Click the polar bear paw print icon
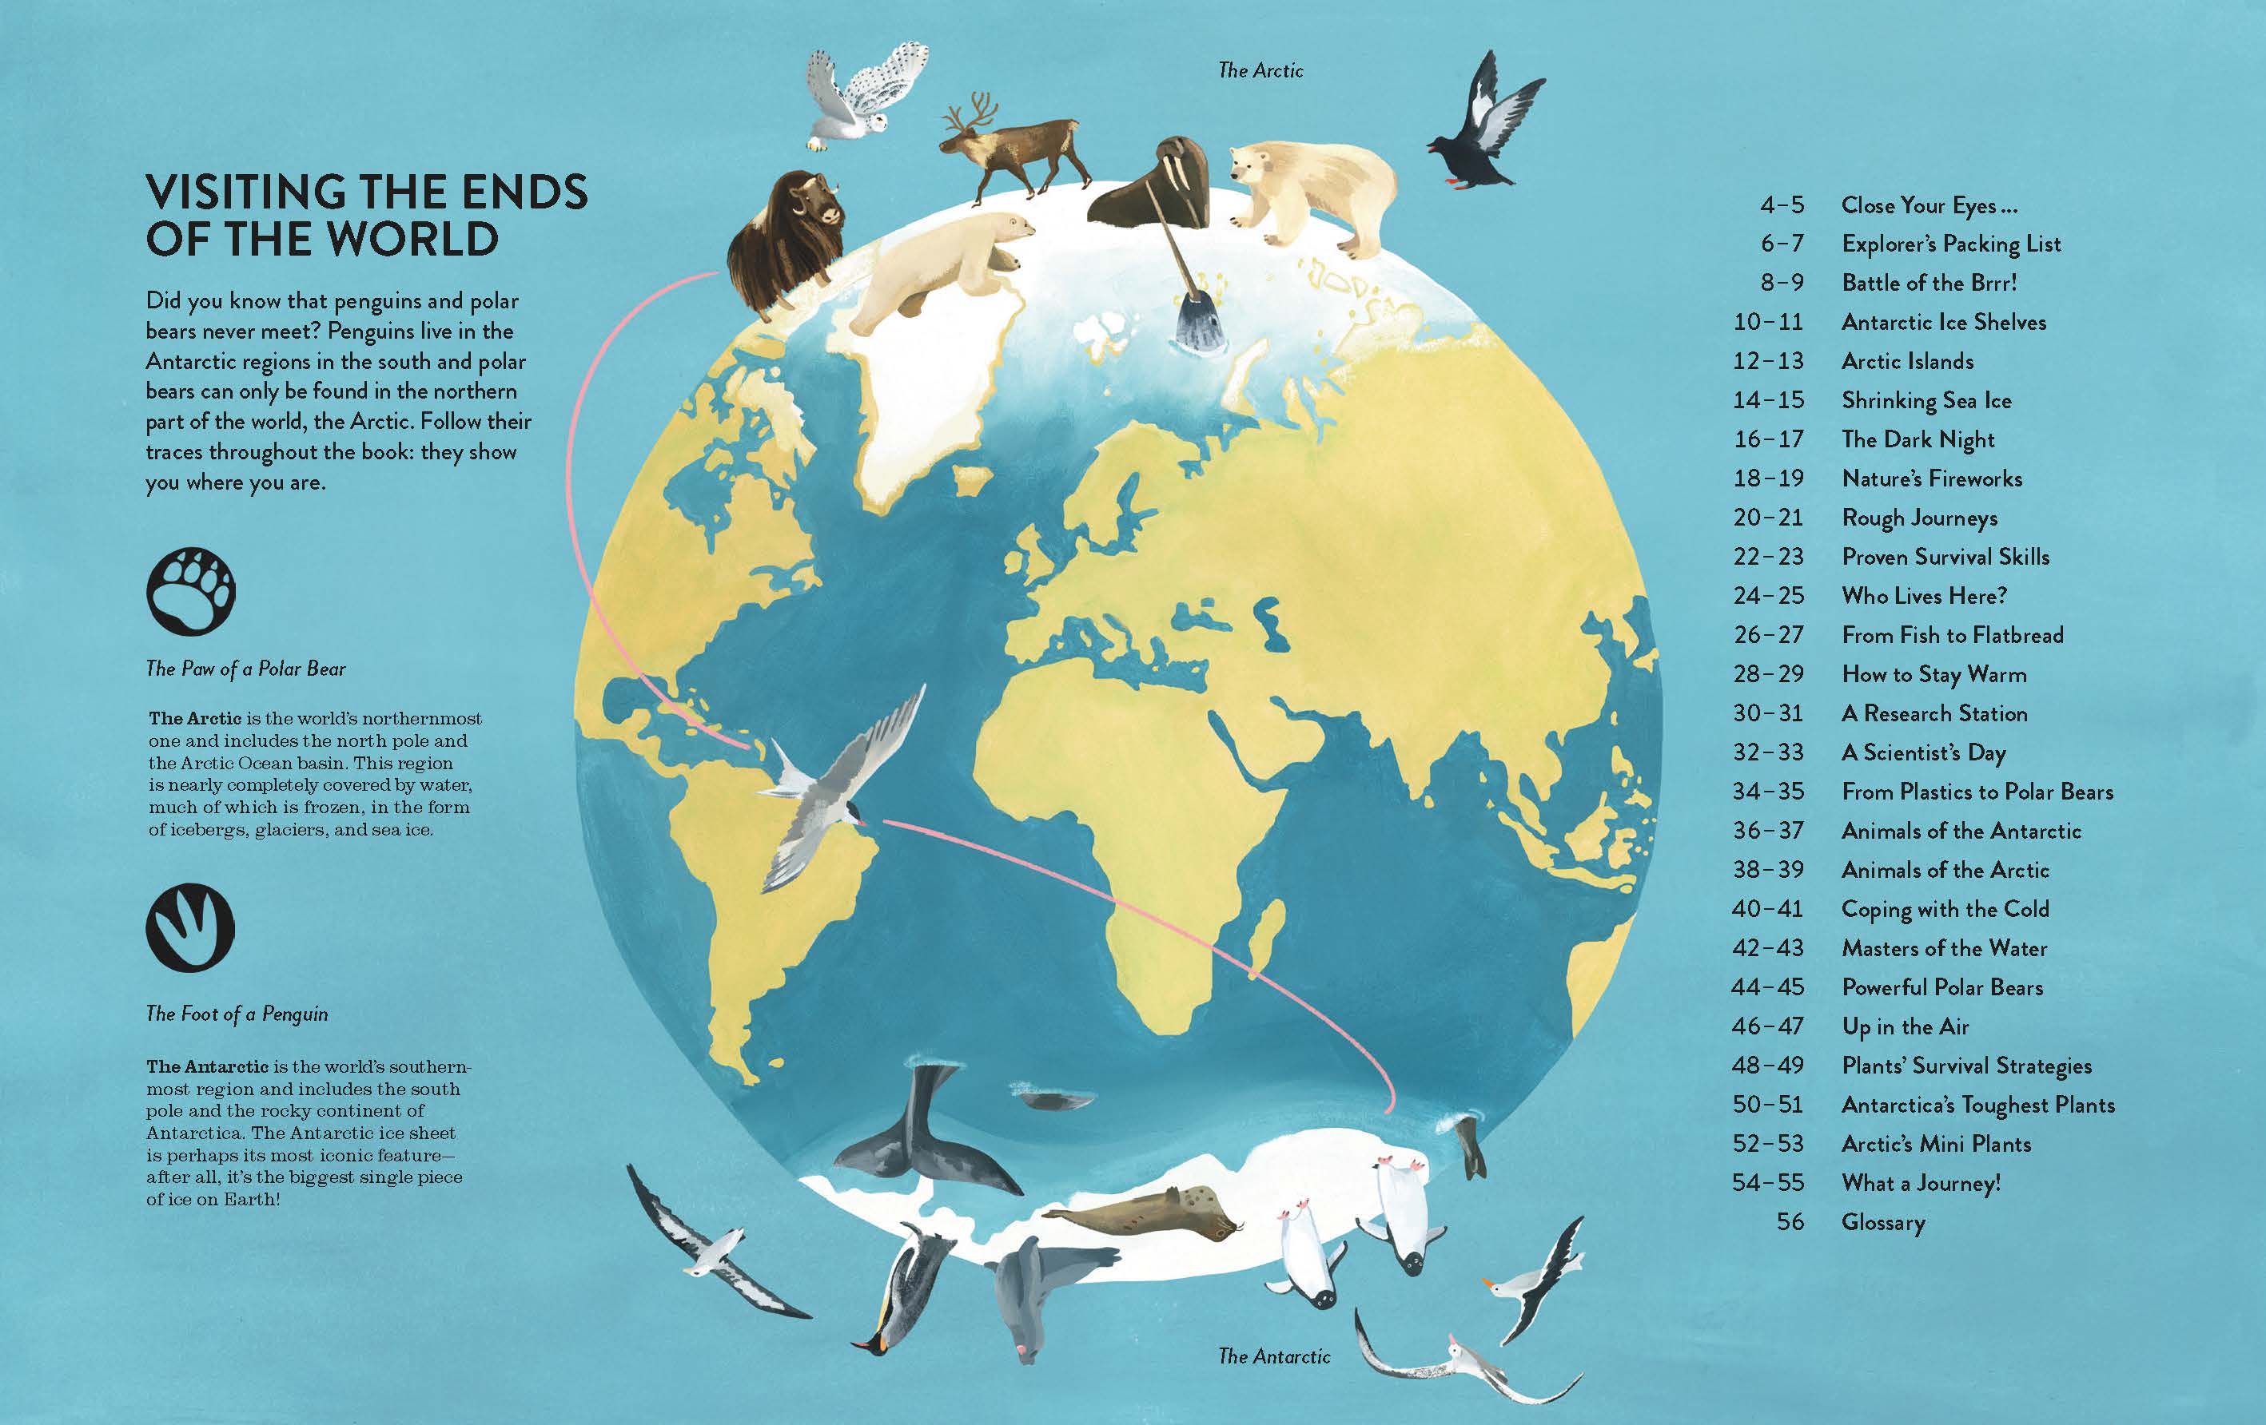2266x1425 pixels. tap(191, 592)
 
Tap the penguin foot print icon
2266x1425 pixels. tap(190, 927)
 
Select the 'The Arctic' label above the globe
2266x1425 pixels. tap(1260, 70)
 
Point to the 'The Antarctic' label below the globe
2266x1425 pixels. tap(1274, 1356)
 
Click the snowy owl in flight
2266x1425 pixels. tap(861, 94)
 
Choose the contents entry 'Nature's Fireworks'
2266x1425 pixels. tap(1931, 478)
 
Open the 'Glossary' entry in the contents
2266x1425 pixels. tap(1883, 1222)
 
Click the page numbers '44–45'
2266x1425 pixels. tap(1768, 987)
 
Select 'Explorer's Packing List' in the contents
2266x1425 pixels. tap(1951, 244)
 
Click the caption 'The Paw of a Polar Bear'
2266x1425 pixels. tap(245, 669)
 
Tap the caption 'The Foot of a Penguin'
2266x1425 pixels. tap(237, 1014)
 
